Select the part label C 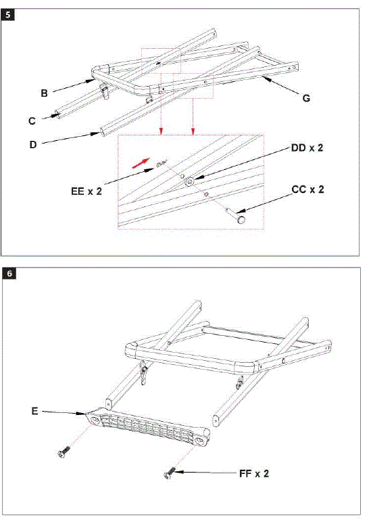click(32, 121)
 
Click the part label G click(306, 98)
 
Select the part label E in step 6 click(35, 410)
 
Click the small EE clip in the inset click(159, 163)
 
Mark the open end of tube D click(101, 130)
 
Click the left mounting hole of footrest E click(95, 420)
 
